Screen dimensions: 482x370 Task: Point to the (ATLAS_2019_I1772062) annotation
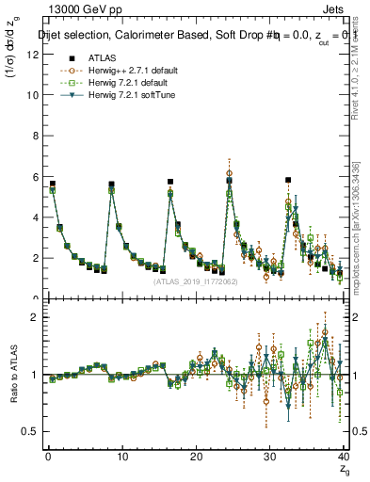pyautogui.click(x=194, y=281)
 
